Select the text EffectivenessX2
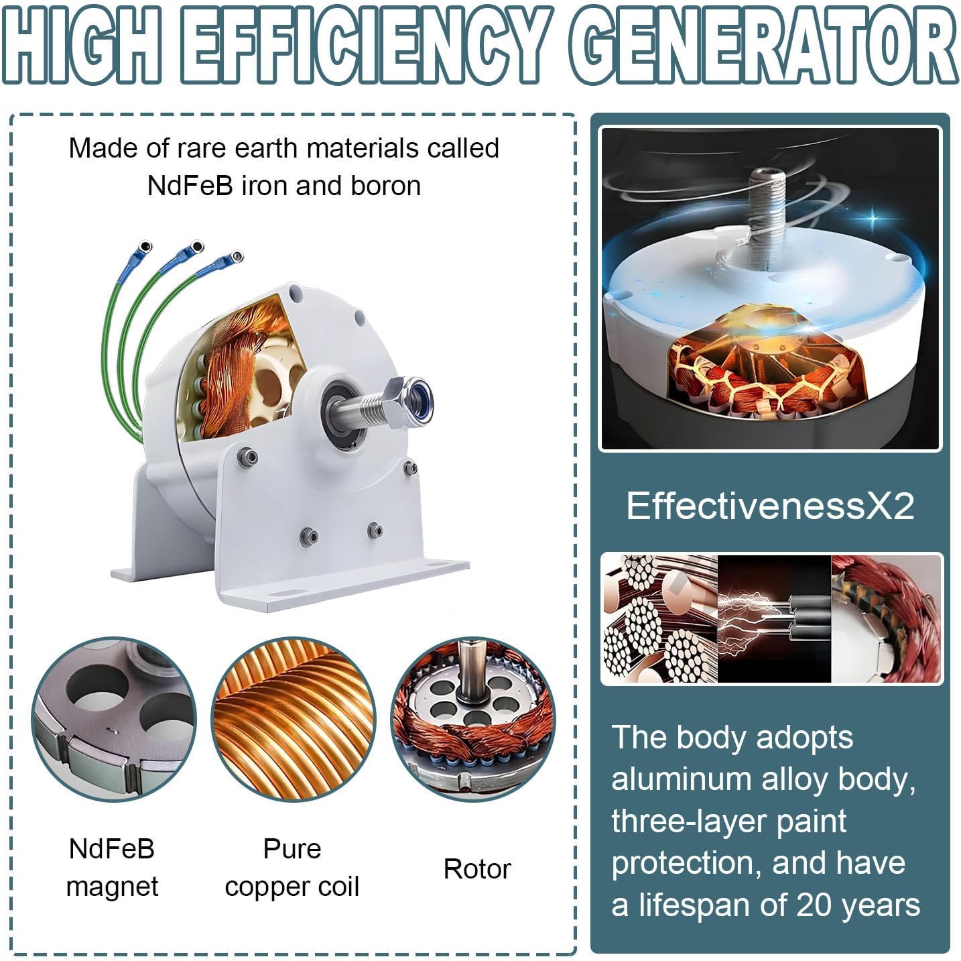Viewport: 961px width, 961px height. pos(770,506)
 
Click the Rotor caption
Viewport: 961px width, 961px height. pos(476,868)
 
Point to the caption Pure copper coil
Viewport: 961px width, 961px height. pos(292,867)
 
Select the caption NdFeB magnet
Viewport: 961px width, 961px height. pos(112,867)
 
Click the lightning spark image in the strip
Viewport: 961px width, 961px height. pos(774,618)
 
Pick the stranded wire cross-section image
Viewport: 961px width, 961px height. pos(659,618)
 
